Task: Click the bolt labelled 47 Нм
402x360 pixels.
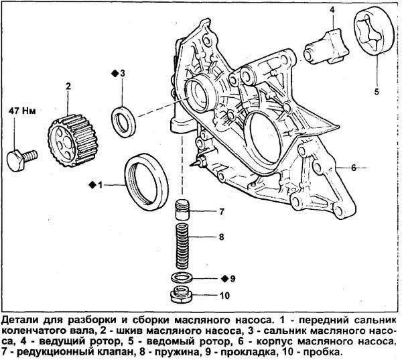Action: pos(19,159)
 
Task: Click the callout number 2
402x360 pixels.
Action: pos(68,85)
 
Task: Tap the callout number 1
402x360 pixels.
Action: pos(101,183)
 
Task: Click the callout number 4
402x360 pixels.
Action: pos(331,9)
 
